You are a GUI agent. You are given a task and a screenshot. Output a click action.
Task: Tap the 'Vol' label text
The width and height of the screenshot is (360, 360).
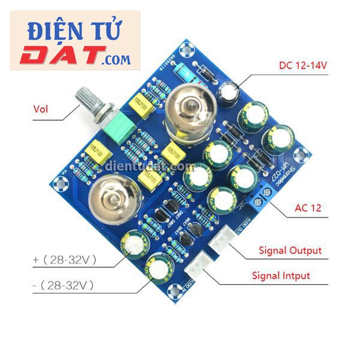tap(40, 109)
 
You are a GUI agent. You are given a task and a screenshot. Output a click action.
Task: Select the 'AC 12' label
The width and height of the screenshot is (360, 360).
tap(308, 208)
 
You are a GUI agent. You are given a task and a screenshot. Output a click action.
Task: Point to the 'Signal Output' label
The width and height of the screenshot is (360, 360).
tap(290, 250)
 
